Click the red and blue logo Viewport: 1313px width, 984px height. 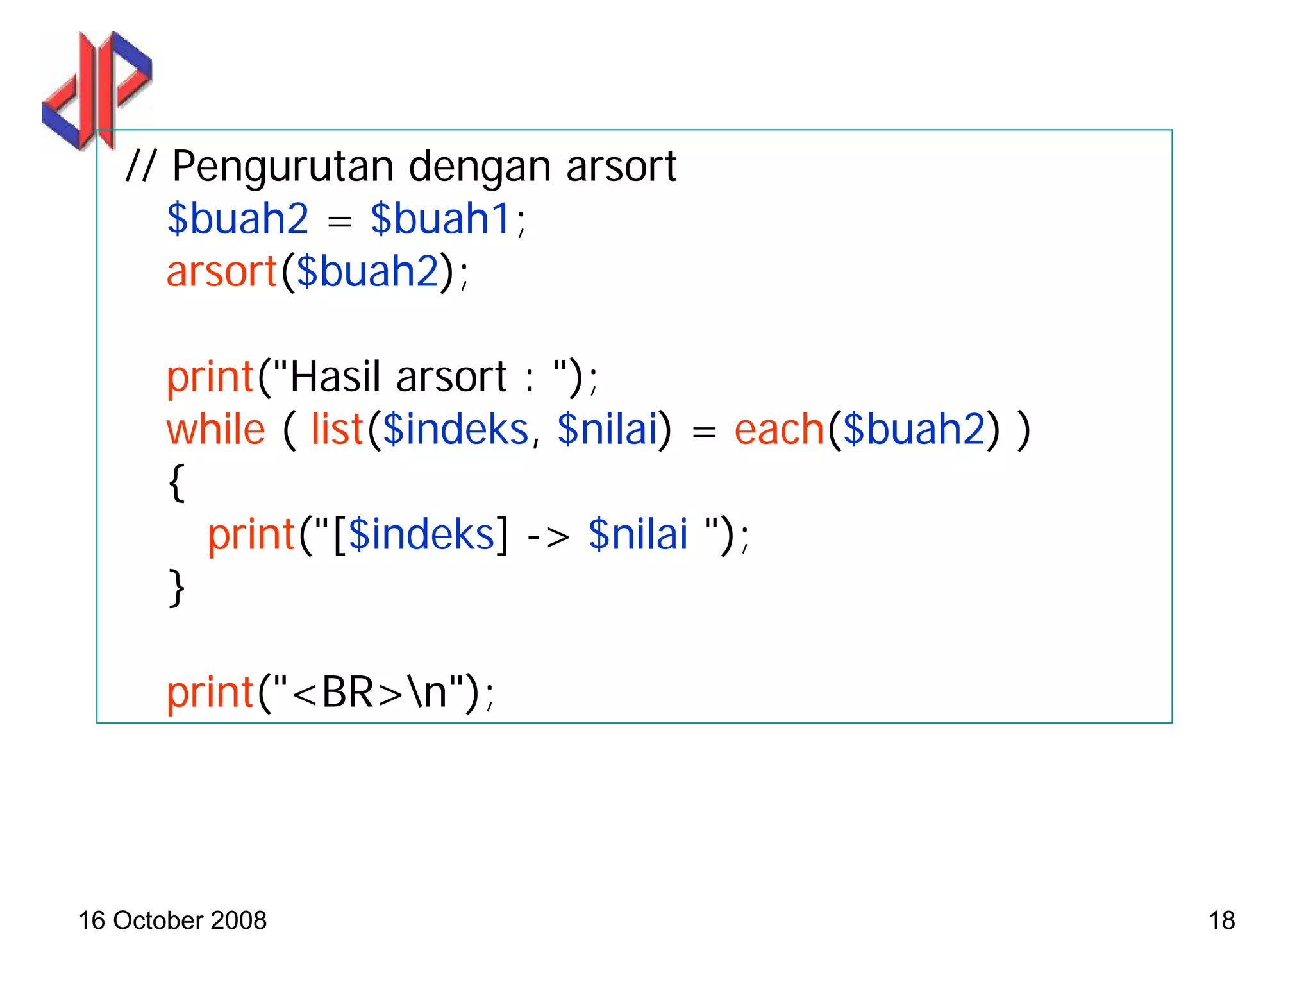coord(96,90)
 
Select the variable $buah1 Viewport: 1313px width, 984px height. coord(440,219)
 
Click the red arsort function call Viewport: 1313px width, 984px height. coord(221,272)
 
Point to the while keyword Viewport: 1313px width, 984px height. coord(215,429)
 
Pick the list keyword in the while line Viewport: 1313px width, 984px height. coord(337,429)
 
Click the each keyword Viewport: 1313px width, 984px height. coord(779,429)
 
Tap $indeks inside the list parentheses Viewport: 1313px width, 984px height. coord(455,429)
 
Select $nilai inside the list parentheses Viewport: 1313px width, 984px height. coord(608,429)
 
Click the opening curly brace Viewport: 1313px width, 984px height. coord(176,482)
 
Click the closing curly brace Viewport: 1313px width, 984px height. coord(176,588)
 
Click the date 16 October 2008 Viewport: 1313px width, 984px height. coord(172,920)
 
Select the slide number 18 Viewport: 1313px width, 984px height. coord(1221,920)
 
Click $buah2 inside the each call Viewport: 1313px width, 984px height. coord(914,429)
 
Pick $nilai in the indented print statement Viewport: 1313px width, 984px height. coord(638,534)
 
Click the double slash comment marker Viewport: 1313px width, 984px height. coord(140,167)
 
